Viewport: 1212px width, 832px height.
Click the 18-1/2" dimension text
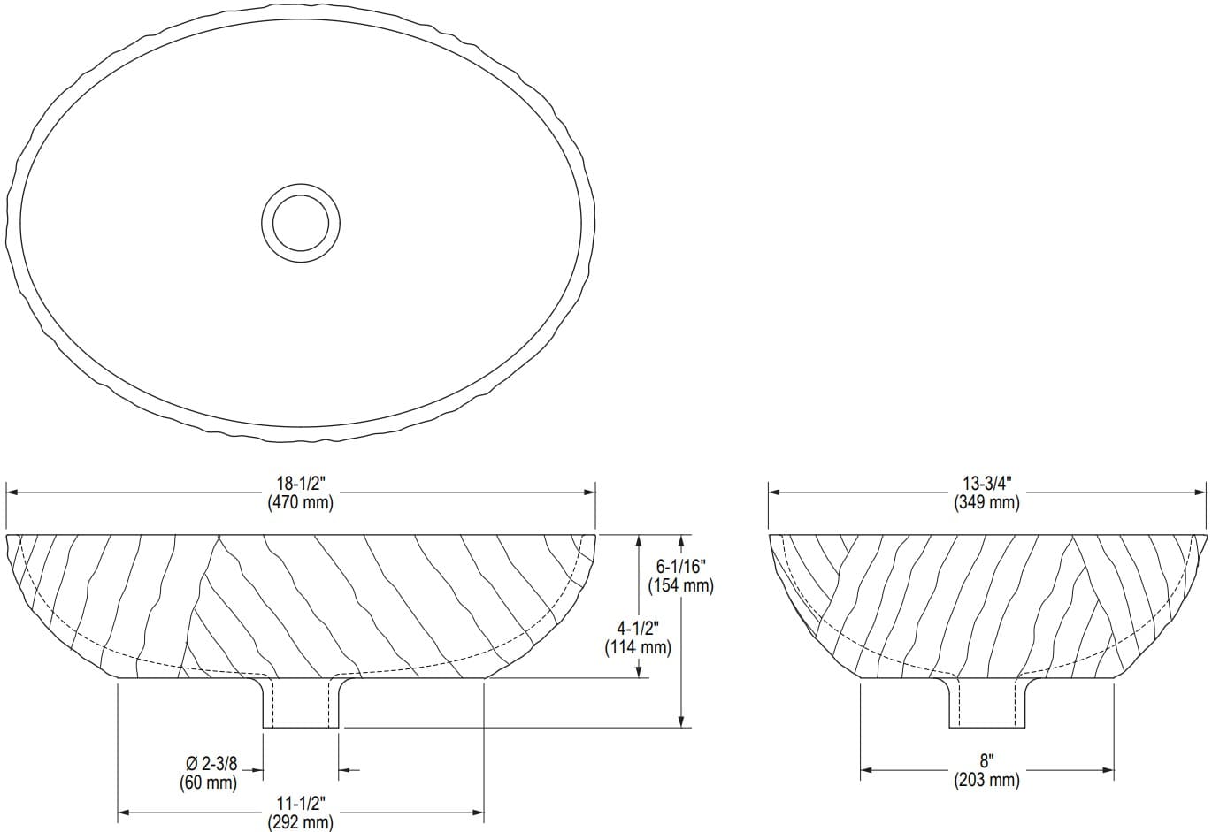tap(300, 485)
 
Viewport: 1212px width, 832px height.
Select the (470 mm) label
tap(300, 502)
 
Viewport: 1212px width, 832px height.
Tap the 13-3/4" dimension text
tap(986, 485)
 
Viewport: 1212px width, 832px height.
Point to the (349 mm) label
tap(986, 502)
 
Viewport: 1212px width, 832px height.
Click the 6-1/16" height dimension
tap(680, 567)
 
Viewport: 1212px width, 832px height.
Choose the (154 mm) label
tap(680, 584)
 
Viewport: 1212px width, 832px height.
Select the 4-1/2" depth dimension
tap(638, 629)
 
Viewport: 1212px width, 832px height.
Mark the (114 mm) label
tap(638, 646)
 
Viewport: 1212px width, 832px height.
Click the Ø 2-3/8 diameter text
tap(210, 765)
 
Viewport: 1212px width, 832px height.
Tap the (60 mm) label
tap(210, 782)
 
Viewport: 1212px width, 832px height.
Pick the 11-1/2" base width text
tap(300, 804)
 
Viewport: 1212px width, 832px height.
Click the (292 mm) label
tap(300, 822)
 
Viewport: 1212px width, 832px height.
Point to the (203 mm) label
tap(986, 780)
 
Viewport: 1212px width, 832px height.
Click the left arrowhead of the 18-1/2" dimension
tap(12, 493)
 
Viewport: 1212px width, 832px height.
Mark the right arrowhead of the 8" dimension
tap(1108, 770)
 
